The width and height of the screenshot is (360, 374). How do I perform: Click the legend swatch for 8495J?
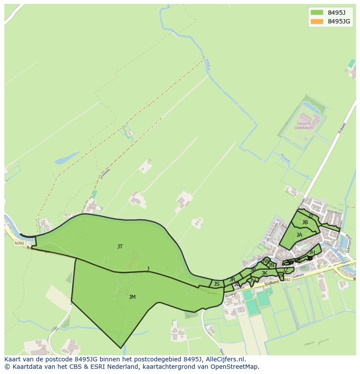pyautogui.click(x=317, y=13)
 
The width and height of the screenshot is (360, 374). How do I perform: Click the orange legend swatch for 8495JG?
pyautogui.click(x=317, y=21)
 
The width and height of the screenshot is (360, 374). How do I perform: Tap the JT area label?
pyautogui.click(x=120, y=247)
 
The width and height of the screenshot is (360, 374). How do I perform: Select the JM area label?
pyautogui.click(x=132, y=297)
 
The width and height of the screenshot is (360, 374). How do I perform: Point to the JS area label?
pyautogui.click(x=217, y=284)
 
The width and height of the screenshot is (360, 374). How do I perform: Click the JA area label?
pyautogui.click(x=299, y=235)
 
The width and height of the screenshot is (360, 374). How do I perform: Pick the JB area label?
pyautogui.click(x=305, y=222)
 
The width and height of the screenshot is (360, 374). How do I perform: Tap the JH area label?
pyautogui.click(x=312, y=252)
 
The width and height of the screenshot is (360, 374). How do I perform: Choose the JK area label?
pyautogui.click(x=264, y=273)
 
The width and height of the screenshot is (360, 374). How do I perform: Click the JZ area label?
pyautogui.click(x=285, y=270)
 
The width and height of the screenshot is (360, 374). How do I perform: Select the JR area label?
pyautogui.click(x=232, y=279)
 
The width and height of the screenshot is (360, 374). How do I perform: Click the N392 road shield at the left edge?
pyautogui.click(x=19, y=243)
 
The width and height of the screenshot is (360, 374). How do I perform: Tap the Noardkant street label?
pyautogui.click(x=332, y=212)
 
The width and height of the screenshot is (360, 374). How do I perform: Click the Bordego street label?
pyautogui.click(x=231, y=295)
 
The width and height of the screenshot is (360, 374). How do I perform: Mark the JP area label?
pyautogui.click(x=253, y=270)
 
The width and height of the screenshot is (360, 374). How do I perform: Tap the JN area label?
pyautogui.click(x=271, y=265)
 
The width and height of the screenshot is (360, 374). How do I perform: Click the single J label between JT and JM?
pyautogui.click(x=148, y=269)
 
